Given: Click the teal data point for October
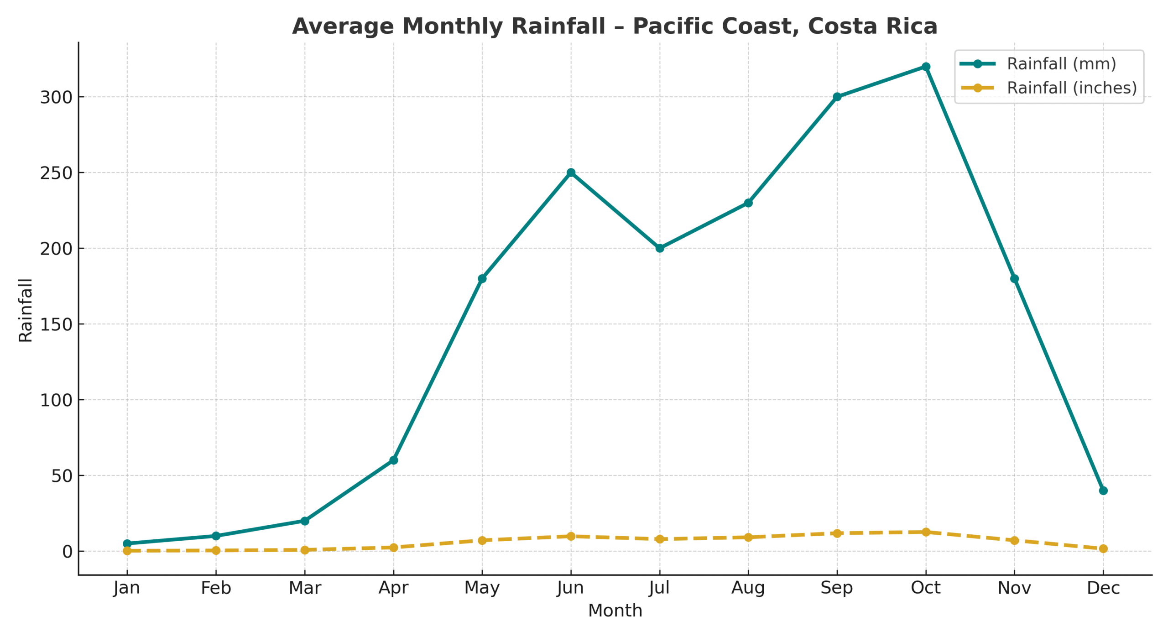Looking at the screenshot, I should (x=925, y=67).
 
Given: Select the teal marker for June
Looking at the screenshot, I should (x=570, y=172).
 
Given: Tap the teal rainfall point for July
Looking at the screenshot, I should (x=659, y=248).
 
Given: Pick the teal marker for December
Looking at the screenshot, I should (x=1103, y=491).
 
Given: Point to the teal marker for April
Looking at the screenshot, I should (x=393, y=460).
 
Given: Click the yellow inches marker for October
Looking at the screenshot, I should (x=925, y=532).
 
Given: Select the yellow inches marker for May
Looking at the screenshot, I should (x=482, y=540).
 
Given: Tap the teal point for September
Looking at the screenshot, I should (x=837, y=97).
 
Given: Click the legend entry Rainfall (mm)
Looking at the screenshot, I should (x=1061, y=64).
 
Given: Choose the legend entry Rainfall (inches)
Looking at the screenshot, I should (x=1071, y=88).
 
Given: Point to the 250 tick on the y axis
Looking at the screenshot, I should (x=56, y=173).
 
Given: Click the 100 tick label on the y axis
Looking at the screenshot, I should (x=56, y=401).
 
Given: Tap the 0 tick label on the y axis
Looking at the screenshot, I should (x=67, y=552).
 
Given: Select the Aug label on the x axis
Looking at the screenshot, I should (x=748, y=588).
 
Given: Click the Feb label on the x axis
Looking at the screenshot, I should (x=216, y=588).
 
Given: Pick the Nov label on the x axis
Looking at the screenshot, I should (x=1014, y=588).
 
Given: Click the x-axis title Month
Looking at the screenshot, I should (x=615, y=611).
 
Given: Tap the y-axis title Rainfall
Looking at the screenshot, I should (x=26, y=310).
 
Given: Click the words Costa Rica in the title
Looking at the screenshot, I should (x=872, y=26).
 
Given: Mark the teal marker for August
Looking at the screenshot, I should (x=748, y=203).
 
